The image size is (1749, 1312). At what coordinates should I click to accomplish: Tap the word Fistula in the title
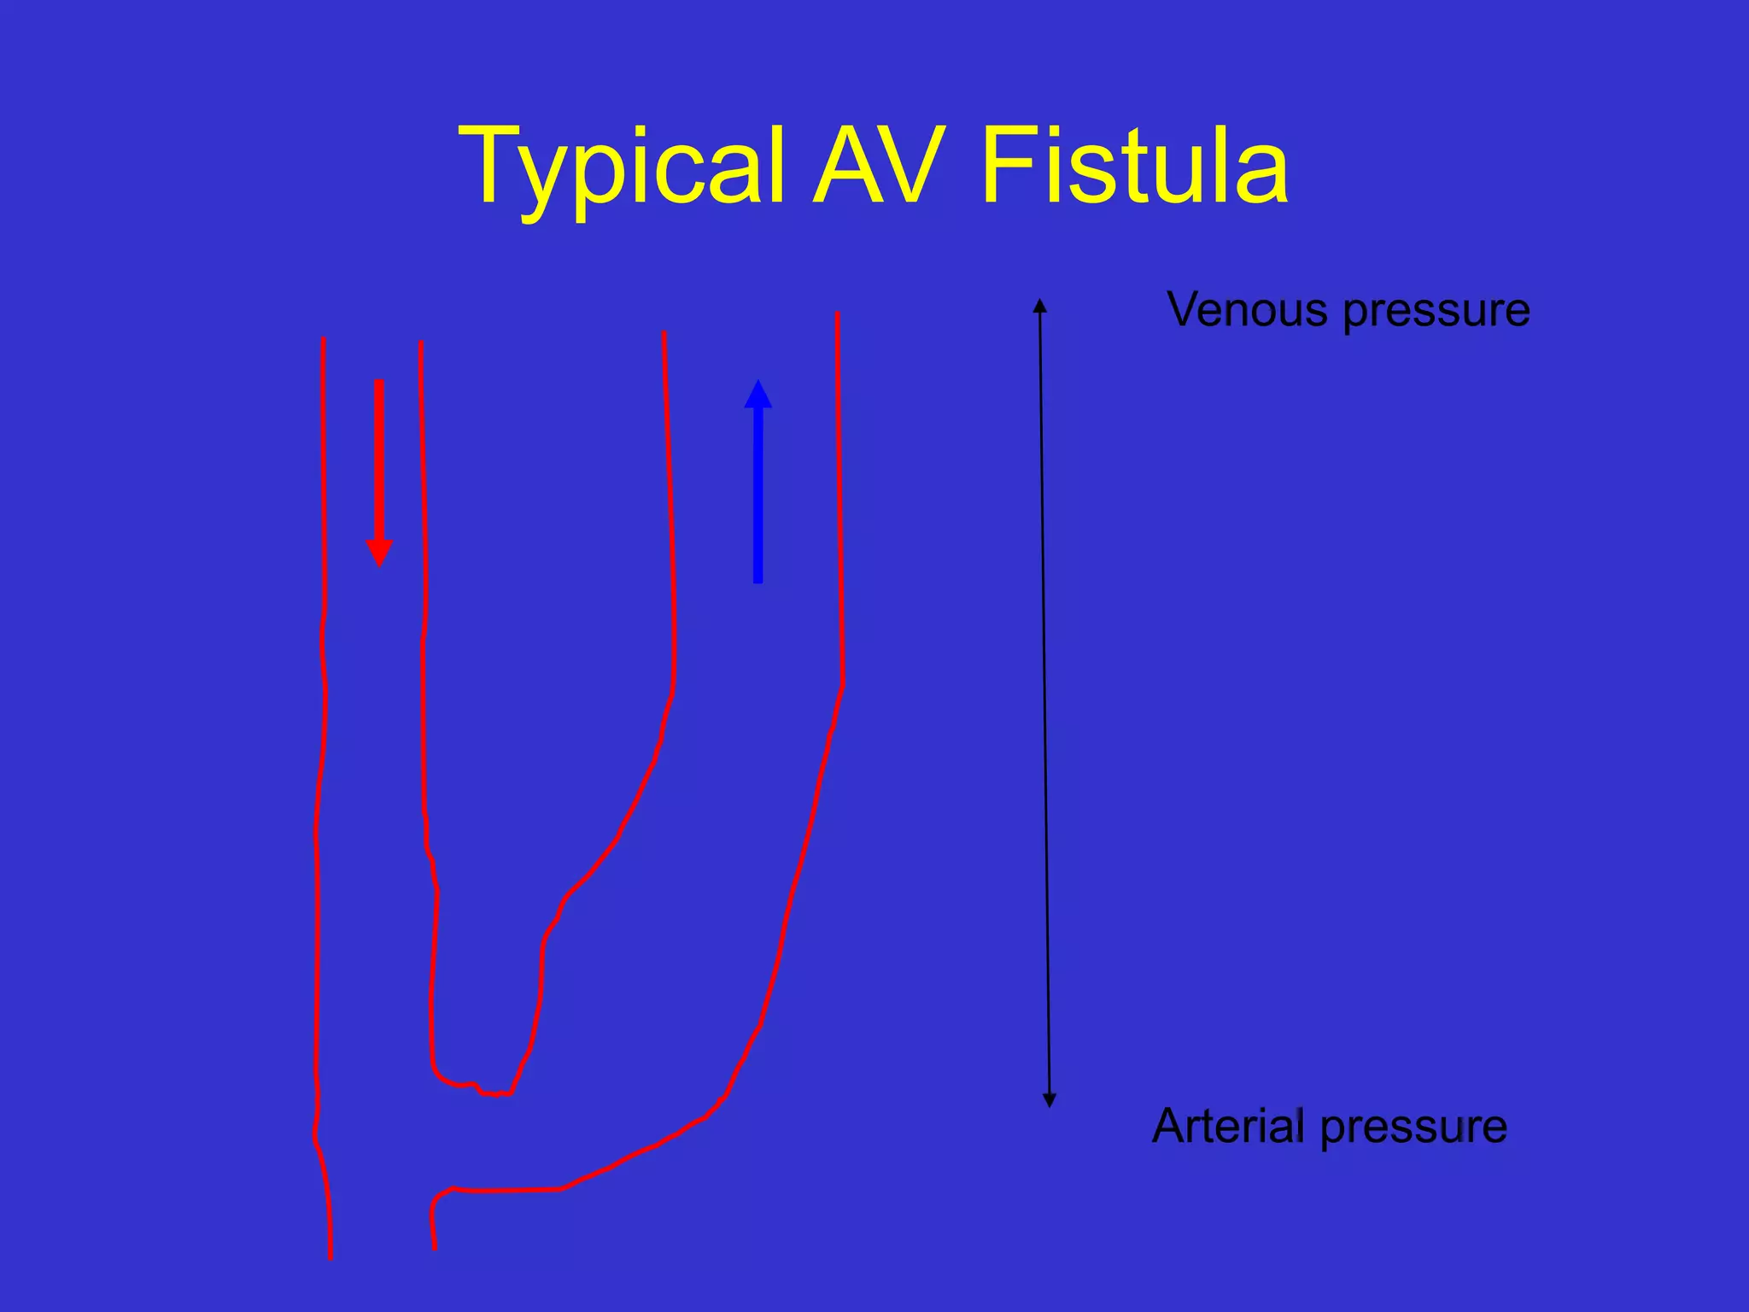coord(1134,167)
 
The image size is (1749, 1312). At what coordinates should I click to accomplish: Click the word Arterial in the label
coord(1228,1126)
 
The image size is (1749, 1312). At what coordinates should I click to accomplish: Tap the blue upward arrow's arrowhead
coord(758,395)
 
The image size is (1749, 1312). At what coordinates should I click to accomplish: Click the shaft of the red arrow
coord(379,461)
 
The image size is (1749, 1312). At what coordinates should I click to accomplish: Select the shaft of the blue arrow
coord(758,495)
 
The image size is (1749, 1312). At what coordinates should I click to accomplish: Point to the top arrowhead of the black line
coord(1039,305)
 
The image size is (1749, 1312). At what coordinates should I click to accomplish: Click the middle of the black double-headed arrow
coord(1044,702)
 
